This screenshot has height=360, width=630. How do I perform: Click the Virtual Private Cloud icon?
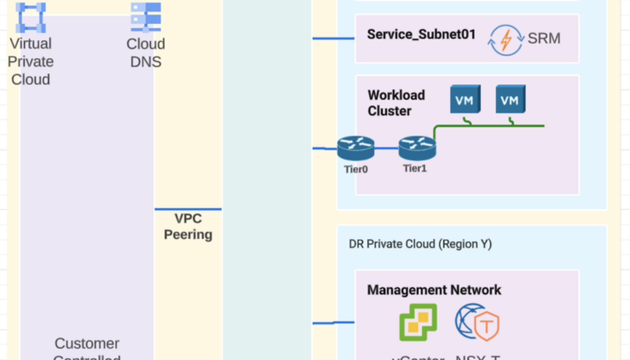(x=31, y=18)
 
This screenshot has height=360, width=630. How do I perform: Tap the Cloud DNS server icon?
(x=146, y=17)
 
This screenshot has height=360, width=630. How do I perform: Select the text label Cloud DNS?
(x=146, y=53)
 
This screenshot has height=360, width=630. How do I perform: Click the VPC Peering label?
(x=188, y=226)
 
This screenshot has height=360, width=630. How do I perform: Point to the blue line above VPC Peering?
(x=188, y=209)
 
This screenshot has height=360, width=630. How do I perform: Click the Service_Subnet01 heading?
(x=421, y=34)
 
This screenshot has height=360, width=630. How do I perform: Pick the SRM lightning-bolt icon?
(x=505, y=40)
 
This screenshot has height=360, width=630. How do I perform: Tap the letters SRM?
(x=544, y=38)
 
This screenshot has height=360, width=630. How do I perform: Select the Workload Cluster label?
(x=396, y=103)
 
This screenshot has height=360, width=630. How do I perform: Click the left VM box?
(x=465, y=100)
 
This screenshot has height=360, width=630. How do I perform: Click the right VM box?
(x=510, y=100)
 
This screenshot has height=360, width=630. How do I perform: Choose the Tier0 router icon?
(x=356, y=148)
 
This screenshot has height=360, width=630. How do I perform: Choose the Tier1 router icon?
(x=417, y=148)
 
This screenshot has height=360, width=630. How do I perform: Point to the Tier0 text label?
(x=356, y=169)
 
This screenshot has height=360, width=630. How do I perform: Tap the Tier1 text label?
(x=415, y=168)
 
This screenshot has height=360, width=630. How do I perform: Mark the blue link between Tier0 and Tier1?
(x=386, y=148)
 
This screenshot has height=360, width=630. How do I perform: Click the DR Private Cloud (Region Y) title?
(x=420, y=244)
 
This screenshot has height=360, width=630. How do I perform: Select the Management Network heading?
(x=434, y=290)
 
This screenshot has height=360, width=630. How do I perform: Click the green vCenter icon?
(x=418, y=322)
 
